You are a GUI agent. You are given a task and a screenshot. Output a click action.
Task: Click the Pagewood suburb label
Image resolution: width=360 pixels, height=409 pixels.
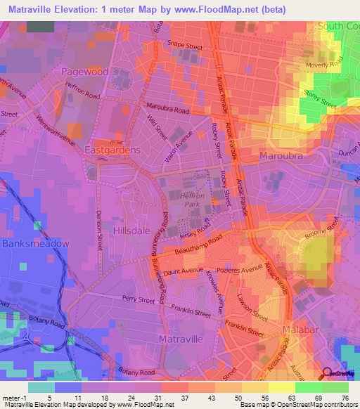pos(84,72)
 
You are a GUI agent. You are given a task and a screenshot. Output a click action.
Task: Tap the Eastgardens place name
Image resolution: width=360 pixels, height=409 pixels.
pos(112,150)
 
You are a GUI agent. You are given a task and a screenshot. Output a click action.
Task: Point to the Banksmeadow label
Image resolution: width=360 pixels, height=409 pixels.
pos(35,243)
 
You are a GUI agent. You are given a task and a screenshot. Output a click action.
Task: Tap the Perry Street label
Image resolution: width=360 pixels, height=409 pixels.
pos(137,300)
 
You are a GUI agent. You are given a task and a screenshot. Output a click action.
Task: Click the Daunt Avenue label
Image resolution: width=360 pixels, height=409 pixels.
pos(185,270)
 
